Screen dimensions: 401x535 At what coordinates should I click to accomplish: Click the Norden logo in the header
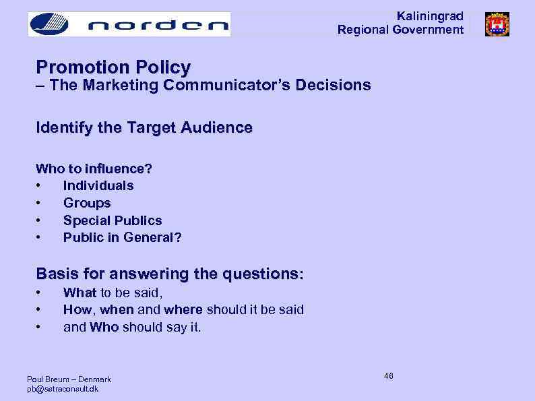pos(129,24)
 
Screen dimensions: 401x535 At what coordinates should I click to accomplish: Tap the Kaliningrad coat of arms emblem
pos(497,24)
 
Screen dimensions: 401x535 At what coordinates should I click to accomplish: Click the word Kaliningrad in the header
pos(430,16)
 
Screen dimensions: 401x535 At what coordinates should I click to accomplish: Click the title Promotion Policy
pos(113,67)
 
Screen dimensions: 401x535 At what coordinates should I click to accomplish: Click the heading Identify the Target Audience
pos(144,127)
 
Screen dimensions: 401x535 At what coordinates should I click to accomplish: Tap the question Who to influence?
pos(94,168)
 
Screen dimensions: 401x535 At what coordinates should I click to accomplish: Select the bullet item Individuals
pos(98,185)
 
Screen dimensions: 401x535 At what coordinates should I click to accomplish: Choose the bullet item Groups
pos(87,203)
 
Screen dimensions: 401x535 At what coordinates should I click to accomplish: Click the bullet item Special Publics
pos(113,220)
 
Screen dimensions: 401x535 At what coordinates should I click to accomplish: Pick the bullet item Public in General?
pos(122,238)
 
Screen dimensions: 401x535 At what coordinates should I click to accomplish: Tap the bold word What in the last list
pos(80,292)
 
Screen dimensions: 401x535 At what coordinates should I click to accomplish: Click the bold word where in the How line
pos(183,310)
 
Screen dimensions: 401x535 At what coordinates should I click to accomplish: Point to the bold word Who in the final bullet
pos(104,328)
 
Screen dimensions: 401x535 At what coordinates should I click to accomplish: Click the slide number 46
pos(389,375)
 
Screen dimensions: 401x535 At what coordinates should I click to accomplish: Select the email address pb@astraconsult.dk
pos(63,389)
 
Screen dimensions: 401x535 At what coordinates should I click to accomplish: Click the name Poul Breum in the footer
pos(46,379)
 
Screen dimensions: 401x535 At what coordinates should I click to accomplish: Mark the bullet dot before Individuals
pos(40,186)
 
